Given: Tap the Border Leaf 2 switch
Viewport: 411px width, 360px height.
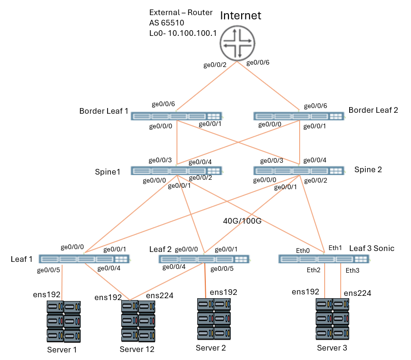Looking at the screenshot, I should tap(299, 116).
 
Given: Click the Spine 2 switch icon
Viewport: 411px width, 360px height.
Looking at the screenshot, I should tap(299, 171).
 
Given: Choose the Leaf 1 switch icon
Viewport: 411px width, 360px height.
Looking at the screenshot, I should tap(84, 259).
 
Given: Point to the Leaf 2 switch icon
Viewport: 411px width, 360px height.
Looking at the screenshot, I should tap(204, 259).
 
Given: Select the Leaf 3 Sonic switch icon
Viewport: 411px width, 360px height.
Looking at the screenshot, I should tap(324, 259).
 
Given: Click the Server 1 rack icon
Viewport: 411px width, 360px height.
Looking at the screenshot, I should tap(64, 322).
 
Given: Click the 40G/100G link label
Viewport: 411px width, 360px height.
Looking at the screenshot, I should tap(242, 220).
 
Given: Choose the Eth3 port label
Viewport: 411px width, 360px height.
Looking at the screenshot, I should tap(352, 270).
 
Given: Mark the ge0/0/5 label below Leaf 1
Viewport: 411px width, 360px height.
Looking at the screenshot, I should tap(49, 270).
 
